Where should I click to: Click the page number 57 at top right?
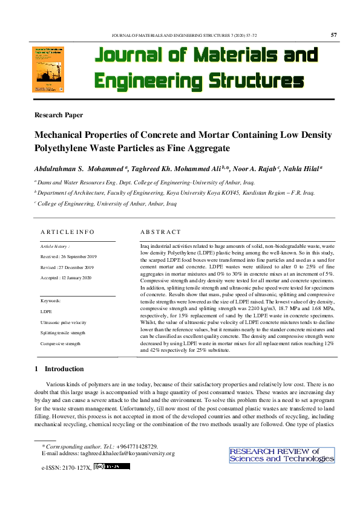pos(334,34)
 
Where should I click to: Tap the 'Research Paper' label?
pos(59,115)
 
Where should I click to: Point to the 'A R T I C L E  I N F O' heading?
pos(67,232)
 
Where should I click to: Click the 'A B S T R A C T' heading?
pos(160,232)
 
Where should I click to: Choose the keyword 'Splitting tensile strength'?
pos(64,333)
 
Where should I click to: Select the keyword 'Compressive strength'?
pos(60,343)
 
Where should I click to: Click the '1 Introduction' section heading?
pos(59,369)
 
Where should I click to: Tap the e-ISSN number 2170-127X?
pos(75,467)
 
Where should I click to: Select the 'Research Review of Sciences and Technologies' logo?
pos(281,455)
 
